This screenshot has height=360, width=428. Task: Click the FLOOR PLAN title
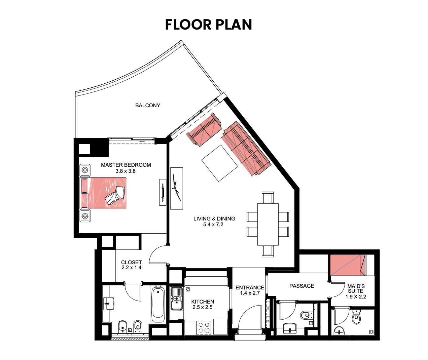209,25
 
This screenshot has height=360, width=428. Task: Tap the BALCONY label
148,106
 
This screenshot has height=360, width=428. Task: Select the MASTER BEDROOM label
126,165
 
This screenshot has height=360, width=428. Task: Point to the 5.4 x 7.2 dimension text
213,225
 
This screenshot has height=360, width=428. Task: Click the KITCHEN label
203,302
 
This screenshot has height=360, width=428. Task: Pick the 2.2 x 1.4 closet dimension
131,268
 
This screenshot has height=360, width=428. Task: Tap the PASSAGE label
302,286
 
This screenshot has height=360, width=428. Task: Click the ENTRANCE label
250,288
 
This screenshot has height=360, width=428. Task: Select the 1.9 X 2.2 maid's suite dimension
356,296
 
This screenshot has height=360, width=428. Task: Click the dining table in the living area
268,224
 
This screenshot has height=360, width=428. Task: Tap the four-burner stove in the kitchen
204,327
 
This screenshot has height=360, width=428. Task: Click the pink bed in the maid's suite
348,265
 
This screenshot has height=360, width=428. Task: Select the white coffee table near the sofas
220,163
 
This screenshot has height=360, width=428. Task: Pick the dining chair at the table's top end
268,198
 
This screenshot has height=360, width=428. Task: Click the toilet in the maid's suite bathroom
356,317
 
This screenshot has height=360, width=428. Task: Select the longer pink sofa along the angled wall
246,149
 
